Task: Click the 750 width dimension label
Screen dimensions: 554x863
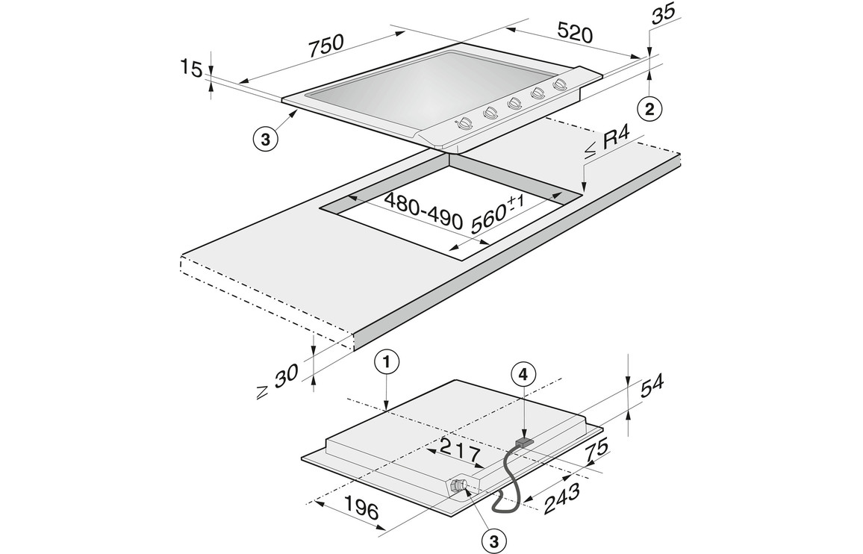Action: point(326,46)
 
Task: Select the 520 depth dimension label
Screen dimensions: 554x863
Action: point(576,34)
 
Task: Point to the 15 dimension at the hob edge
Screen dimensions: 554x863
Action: point(192,70)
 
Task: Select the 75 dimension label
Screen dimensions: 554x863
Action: point(595,451)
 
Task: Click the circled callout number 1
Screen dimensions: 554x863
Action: point(386,363)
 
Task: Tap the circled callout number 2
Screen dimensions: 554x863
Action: point(649,109)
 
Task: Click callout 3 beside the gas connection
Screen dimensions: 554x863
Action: point(493,541)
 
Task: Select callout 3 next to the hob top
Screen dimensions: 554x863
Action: point(266,139)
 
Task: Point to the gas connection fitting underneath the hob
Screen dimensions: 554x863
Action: point(462,485)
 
